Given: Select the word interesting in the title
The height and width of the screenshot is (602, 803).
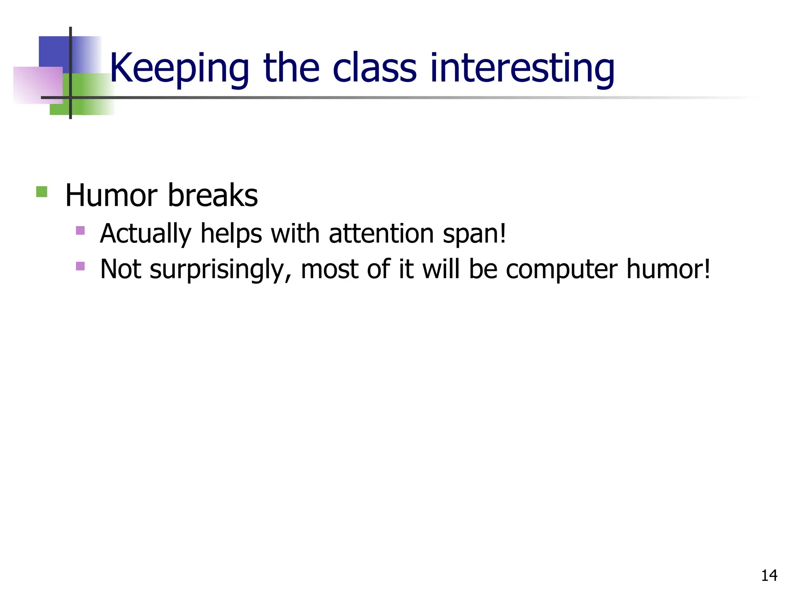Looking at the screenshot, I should (522, 69).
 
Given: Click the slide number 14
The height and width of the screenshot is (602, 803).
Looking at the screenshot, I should (769, 575).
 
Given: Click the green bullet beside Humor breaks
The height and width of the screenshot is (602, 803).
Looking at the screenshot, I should (42, 192).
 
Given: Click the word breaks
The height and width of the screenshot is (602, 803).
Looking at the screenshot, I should (213, 195).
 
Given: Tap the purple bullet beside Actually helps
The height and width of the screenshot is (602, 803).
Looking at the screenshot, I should (80, 230).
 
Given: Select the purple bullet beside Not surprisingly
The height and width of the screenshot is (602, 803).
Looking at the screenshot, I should (80, 266).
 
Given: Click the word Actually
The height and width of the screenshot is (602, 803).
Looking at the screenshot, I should (145, 234).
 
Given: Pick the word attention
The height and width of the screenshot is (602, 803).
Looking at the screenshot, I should (380, 234).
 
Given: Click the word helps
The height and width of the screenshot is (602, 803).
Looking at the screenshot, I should (231, 234).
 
